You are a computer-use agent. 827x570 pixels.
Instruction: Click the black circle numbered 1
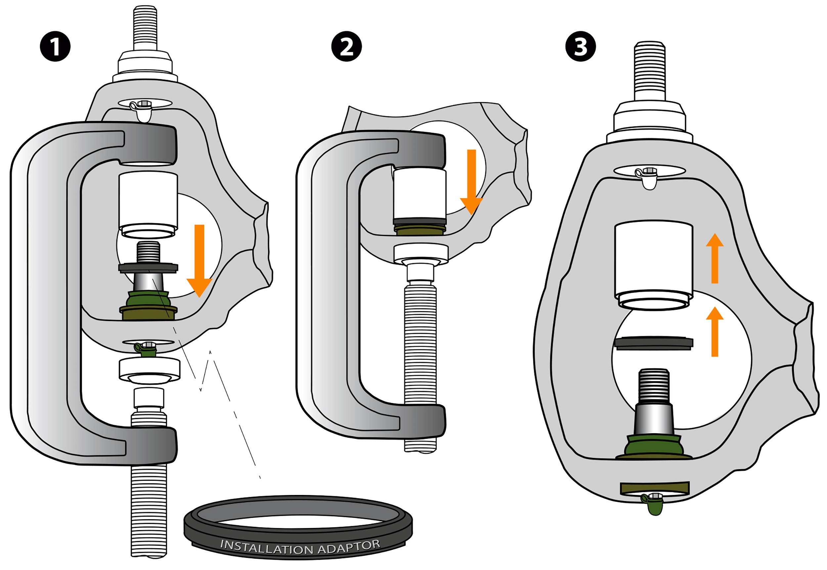[55, 46]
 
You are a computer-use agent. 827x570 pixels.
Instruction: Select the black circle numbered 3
[580, 46]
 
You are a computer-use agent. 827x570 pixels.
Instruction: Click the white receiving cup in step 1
[148, 204]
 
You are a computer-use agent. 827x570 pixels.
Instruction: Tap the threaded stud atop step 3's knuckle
[649, 71]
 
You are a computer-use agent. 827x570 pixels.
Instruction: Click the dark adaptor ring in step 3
[653, 343]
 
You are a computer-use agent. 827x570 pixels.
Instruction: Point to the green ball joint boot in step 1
[148, 298]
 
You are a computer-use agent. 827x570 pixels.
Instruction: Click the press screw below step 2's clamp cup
[420, 350]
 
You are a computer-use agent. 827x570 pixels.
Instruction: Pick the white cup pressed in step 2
[420, 195]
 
